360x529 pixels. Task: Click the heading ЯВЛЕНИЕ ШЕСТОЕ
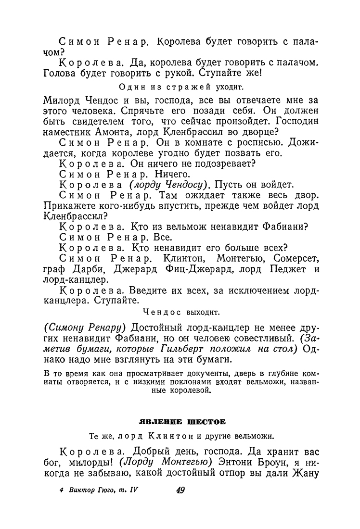pos(180,422)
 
